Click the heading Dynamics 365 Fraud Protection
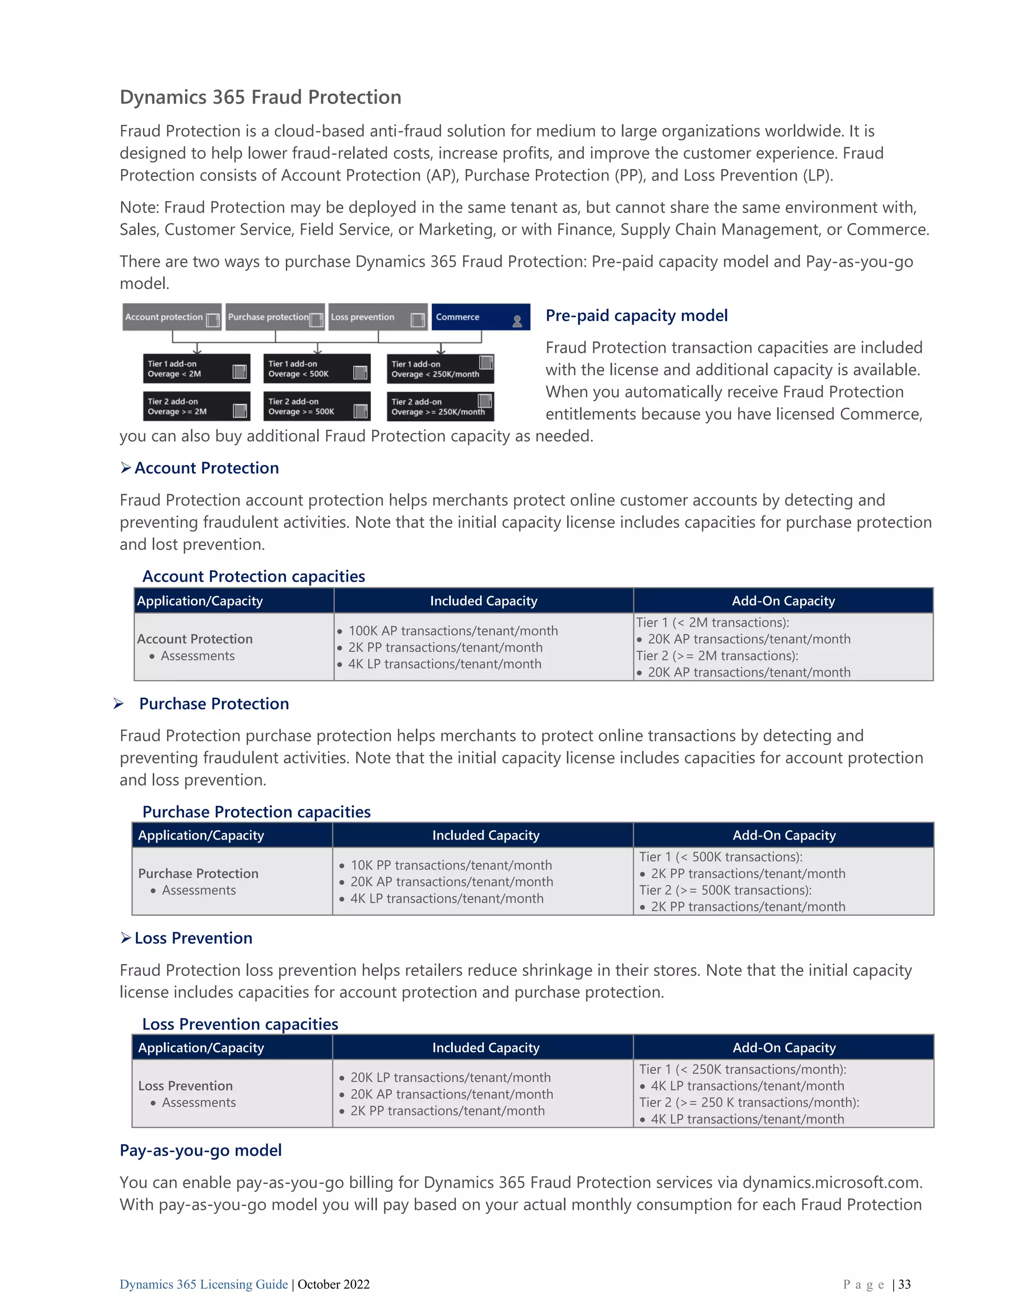(260, 97)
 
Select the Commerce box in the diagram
(480, 317)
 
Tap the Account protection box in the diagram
(172, 317)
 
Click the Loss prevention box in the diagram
(378, 317)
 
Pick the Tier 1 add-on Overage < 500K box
(317, 369)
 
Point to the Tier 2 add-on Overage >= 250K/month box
(440, 407)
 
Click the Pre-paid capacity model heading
(636, 316)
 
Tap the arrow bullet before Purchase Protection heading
(119, 703)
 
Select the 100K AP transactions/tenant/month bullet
(452, 630)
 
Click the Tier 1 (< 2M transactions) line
(712, 623)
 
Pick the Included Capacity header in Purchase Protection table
(485, 835)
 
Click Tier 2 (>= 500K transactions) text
(725, 890)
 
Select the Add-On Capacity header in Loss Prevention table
(784, 1048)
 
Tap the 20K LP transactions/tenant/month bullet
(450, 1078)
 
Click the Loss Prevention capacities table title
(240, 1024)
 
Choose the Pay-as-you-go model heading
(200, 1151)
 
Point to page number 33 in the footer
(904, 1285)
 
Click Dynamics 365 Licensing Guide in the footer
(203, 1285)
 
